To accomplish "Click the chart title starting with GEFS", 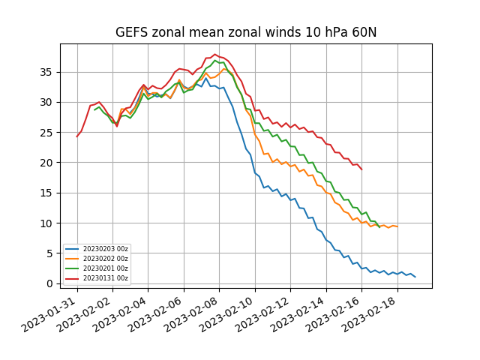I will tap(246, 33).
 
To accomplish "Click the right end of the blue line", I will tap(415, 277).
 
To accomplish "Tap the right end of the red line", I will tap(361, 169).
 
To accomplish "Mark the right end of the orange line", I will tap(397, 226).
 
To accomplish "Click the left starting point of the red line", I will tap(77, 136).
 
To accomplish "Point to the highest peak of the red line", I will tap(215, 54).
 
